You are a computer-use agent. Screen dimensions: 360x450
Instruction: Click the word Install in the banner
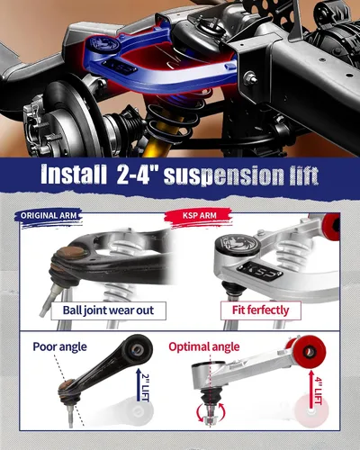coord(74,175)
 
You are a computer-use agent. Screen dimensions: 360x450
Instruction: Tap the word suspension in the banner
coord(224,175)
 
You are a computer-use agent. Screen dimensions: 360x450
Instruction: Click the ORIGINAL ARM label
coord(49,216)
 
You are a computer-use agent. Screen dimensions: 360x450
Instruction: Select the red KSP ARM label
coord(199,215)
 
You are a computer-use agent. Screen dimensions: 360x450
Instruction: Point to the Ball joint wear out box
coord(108,310)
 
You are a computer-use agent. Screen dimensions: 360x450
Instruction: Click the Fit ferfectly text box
coord(260,310)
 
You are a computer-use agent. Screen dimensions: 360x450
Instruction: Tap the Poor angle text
coord(59,346)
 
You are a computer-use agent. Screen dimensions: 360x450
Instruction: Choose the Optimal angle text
coord(204,346)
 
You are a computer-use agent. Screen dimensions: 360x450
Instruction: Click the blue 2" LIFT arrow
coord(139,385)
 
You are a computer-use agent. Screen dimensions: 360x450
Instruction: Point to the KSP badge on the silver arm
coord(260,271)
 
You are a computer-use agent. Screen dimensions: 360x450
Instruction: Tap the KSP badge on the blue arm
coord(120,67)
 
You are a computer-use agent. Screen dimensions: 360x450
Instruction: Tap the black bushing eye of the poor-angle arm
coord(139,349)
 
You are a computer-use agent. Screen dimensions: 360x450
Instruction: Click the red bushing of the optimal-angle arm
coord(309,352)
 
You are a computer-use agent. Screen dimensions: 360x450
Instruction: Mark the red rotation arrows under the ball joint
coord(211,413)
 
